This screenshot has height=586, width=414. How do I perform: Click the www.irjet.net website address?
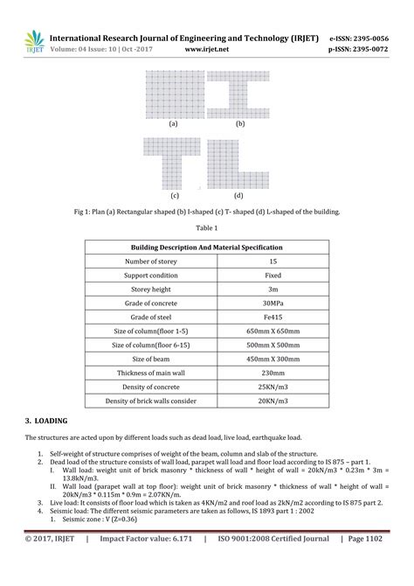[x=207, y=50]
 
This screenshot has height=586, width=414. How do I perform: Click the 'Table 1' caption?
[x=207, y=227]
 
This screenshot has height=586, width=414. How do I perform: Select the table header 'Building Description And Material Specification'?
[x=206, y=248]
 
